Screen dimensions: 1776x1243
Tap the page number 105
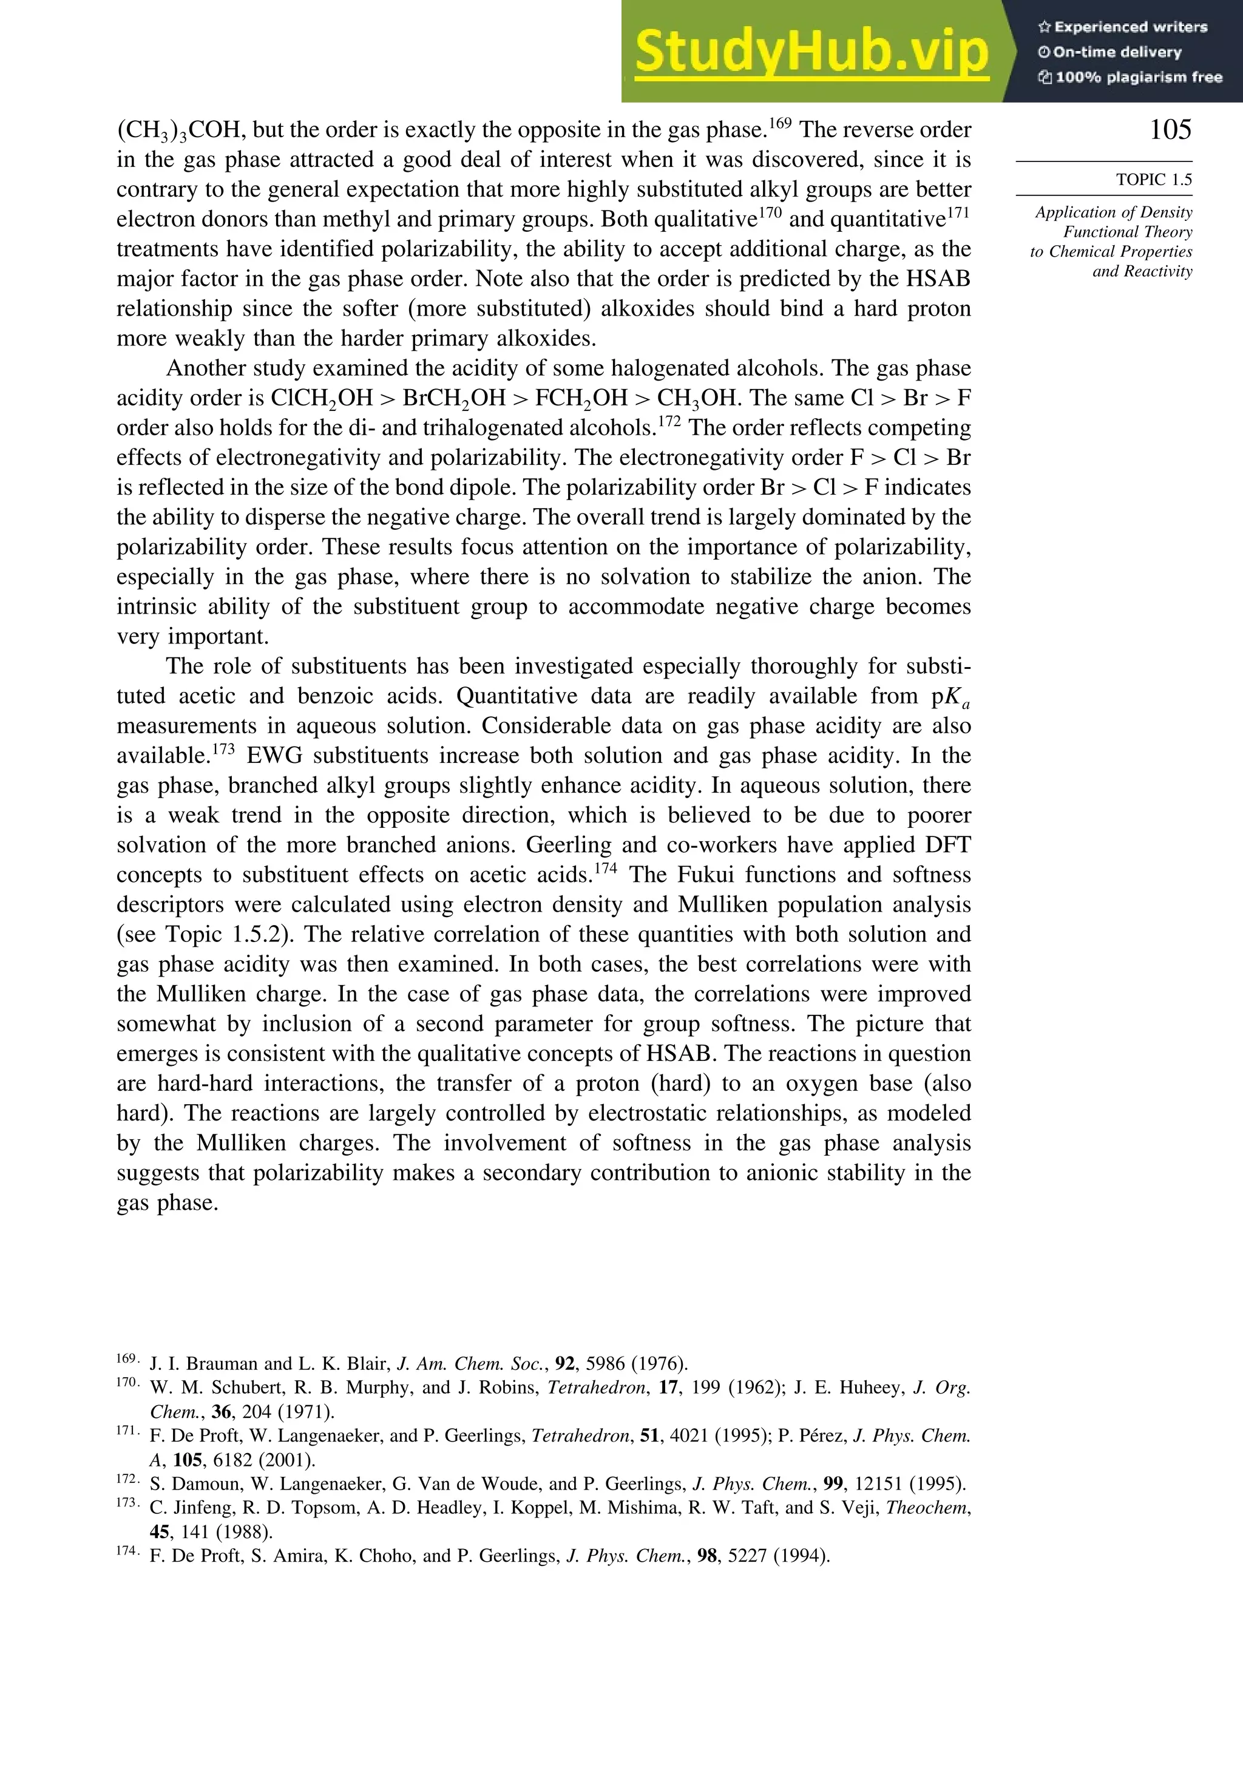1170,130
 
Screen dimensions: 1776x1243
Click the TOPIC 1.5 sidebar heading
1153,180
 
